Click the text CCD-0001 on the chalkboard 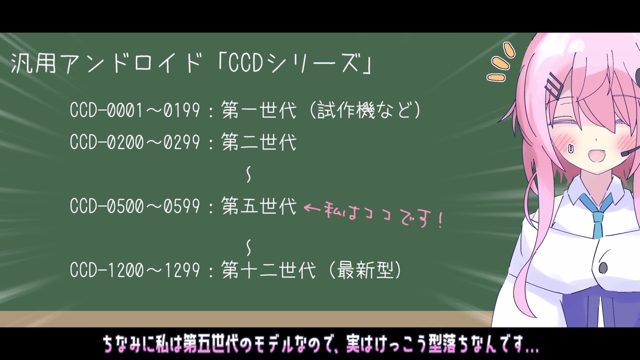point(106,110)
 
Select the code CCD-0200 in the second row point(106,142)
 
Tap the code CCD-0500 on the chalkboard point(106,206)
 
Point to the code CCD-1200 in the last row point(106,270)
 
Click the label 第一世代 point(259,109)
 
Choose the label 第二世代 point(259,141)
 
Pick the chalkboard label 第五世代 point(259,205)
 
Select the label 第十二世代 point(268,269)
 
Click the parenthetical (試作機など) point(365,110)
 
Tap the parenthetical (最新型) point(365,270)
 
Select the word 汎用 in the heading point(33,63)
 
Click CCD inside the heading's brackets point(245,63)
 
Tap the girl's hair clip point(553,85)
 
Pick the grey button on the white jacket point(603,267)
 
